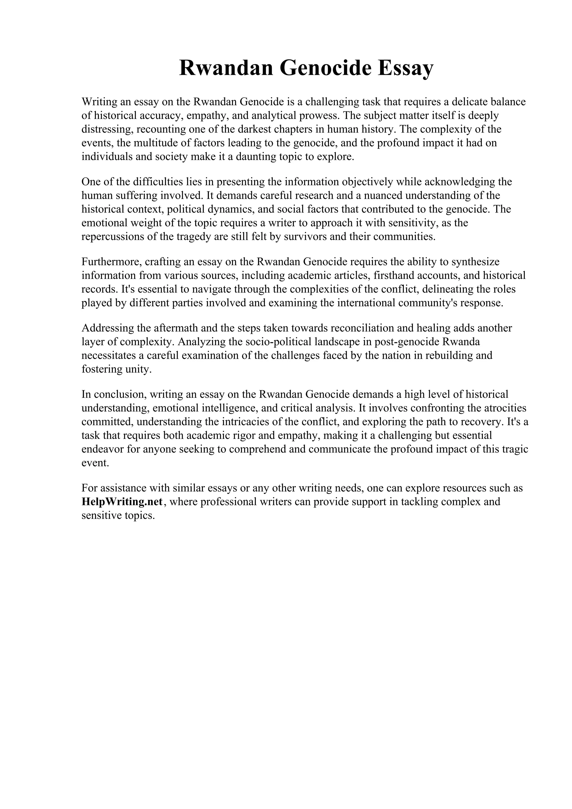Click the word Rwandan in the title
click(226, 68)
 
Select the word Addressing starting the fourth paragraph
click(107, 328)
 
